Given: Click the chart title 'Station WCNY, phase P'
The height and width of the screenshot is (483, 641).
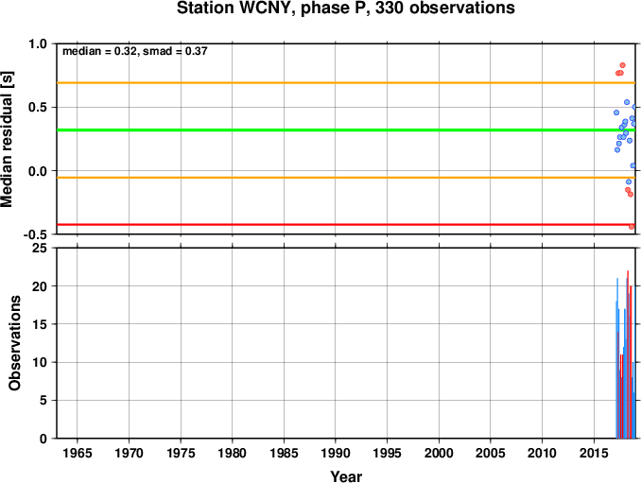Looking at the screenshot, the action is [x=269, y=8].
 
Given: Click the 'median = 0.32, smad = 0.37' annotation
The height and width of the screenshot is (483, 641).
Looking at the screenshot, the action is [x=135, y=51].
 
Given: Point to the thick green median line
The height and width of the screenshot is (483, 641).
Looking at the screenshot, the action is [x=346, y=129].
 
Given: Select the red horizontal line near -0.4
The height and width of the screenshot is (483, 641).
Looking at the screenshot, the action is [x=346, y=224].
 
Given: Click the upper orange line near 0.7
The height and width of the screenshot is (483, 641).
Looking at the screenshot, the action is [x=346, y=83].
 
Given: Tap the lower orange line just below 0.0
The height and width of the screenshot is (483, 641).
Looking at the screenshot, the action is [x=346, y=178].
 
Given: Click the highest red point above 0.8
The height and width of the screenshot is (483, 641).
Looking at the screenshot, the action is [x=623, y=65].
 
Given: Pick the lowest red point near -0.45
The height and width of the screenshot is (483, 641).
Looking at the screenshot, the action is [x=632, y=227].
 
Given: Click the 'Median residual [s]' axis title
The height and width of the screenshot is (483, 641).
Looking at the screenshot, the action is [x=7, y=139].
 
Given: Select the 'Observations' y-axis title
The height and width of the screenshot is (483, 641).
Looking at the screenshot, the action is [x=15, y=343].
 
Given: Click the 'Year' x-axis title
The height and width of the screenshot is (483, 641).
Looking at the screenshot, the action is [x=346, y=476].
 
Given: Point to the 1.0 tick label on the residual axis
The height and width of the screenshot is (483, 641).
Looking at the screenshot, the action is [x=38, y=43].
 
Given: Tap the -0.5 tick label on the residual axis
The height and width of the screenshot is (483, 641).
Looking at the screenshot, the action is [x=35, y=234].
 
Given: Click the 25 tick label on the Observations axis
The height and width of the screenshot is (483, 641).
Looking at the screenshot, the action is [x=40, y=248].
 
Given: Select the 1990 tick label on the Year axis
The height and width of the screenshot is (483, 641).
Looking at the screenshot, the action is [x=336, y=453].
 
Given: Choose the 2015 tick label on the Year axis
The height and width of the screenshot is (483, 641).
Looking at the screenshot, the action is [x=594, y=453].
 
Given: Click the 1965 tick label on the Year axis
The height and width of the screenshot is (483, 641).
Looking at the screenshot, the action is [x=78, y=453].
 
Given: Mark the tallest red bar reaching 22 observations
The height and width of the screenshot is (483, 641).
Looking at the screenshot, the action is [x=628, y=354].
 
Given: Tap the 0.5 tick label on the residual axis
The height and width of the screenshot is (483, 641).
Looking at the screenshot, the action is [x=38, y=108].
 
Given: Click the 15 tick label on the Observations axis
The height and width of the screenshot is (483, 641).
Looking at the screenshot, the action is [x=40, y=324].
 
